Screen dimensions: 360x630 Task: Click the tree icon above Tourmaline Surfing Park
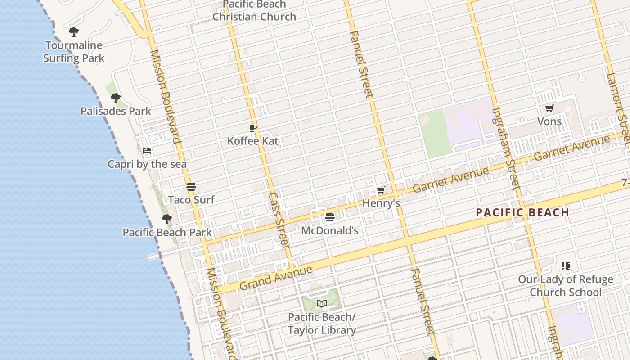[74, 32]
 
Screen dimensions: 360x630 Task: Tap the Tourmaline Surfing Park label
[74, 52]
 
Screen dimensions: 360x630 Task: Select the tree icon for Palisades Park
[116, 98]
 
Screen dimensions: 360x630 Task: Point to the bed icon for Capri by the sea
[147, 151]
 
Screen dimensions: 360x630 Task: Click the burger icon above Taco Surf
[191, 187]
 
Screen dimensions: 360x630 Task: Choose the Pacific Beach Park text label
[167, 233]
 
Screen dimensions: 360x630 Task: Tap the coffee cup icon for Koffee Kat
[253, 128]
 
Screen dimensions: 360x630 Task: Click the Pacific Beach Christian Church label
[254, 11]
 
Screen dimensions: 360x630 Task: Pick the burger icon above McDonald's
[330, 218]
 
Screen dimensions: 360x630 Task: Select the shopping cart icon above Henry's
[381, 190]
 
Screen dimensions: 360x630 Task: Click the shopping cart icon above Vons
[549, 108]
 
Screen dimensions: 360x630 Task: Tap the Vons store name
[549, 121]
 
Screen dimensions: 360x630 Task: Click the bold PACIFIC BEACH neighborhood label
[522, 212]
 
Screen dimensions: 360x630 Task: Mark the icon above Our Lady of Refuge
[566, 266]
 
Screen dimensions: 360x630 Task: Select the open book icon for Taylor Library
[321, 304]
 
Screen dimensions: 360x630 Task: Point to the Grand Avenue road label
[276, 279]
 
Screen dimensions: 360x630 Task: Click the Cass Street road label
[278, 220]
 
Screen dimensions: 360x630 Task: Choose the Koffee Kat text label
[253, 141]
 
